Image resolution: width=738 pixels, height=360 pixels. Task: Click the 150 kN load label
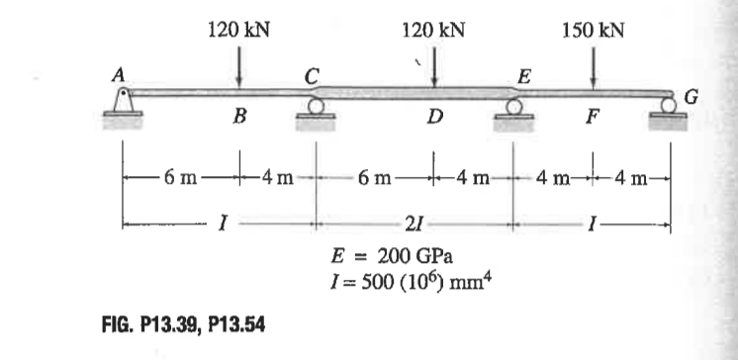coord(593,31)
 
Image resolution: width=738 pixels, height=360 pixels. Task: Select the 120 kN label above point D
coord(434,31)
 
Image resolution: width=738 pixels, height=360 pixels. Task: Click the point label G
coord(692,96)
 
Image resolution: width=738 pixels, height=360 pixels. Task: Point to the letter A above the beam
coord(119,73)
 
